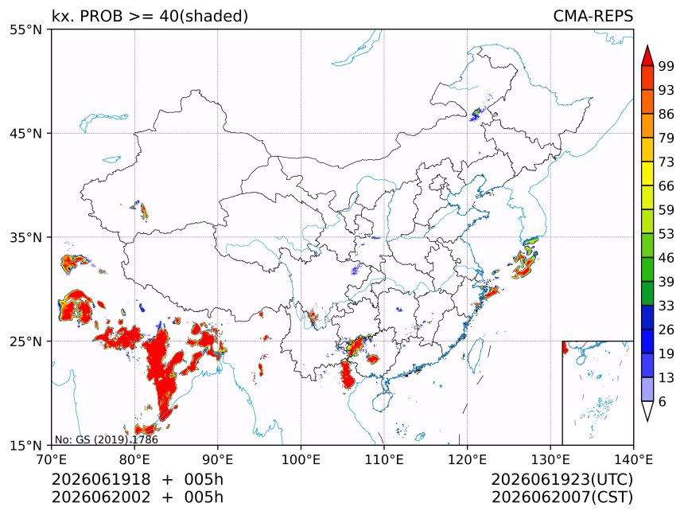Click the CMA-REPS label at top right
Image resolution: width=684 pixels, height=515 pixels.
(x=593, y=16)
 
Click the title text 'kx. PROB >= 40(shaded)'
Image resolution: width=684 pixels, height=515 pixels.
(x=150, y=16)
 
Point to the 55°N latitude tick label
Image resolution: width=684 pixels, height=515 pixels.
(x=25, y=29)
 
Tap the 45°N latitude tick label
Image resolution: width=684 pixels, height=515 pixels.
(x=25, y=133)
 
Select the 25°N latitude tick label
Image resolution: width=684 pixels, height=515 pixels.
(x=25, y=341)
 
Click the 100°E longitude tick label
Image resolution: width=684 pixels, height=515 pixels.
(x=301, y=459)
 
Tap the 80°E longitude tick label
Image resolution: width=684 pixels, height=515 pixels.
(x=134, y=459)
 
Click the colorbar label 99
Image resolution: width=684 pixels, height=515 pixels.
(x=667, y=66)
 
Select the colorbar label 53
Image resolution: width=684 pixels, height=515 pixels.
(x=667, y=234)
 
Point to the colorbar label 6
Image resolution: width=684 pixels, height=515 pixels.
(x=663, y=401)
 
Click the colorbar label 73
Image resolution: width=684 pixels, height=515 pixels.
(x=667, y=162)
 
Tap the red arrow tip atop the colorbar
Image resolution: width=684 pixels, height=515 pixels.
(x=647, y=46)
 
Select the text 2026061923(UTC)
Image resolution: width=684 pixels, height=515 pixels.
(x=562, y=479)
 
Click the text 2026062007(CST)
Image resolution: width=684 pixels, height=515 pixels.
(x=562, y=497)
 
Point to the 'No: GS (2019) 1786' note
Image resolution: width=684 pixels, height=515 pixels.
(x=107, y=439)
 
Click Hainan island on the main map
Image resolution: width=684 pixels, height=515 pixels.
(x=383, y=401)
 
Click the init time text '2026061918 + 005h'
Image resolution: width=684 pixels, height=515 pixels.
(x=138, y=479)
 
